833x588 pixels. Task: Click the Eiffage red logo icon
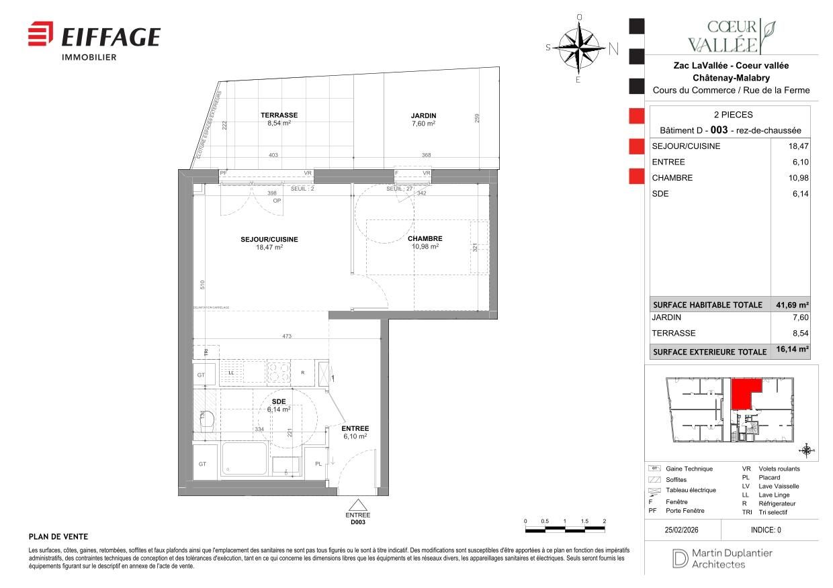40,34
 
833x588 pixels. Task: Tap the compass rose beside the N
578,47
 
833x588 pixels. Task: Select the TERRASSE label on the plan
279,115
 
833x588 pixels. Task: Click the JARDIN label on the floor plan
423,115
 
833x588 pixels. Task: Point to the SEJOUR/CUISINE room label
269,240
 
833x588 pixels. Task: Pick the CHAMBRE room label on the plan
425,239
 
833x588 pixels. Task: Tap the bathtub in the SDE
245,458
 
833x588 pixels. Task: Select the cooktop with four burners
279,371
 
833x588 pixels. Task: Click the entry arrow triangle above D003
357,507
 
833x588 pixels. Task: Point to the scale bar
564,530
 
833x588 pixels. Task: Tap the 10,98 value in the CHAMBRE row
796,178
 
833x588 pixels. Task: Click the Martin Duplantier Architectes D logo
676,558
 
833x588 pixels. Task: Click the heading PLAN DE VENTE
58,537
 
